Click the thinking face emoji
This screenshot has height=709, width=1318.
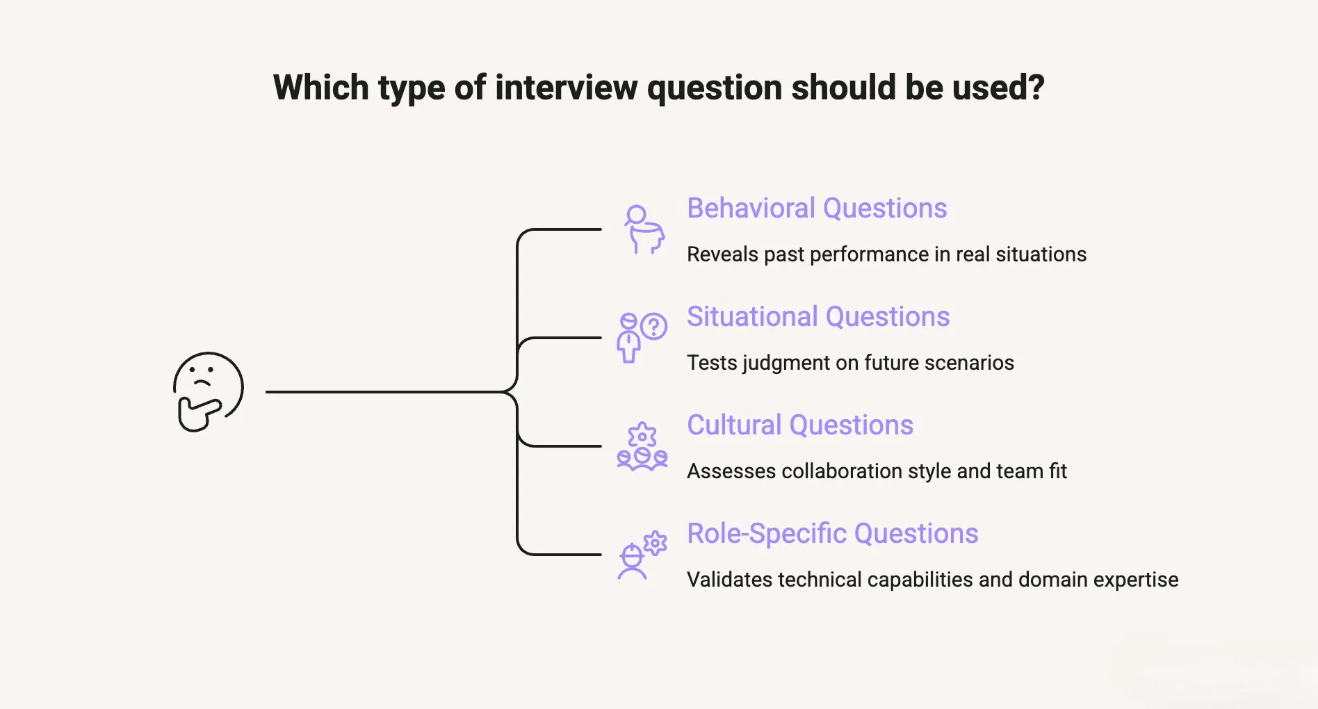pos(208,391)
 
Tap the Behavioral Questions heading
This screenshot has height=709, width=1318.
pos(817,209)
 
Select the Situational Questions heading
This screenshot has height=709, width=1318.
pos(818,317)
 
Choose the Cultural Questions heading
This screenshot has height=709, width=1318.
pos(800,425)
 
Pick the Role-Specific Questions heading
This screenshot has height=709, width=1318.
pos(832,534)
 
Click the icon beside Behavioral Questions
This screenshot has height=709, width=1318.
pos(644,229)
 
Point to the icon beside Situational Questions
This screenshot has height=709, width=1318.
pos(642,337)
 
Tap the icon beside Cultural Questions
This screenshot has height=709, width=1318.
pos(642,446)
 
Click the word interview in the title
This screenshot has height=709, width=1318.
pos(566,88)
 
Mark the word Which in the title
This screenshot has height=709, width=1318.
pos(320,88)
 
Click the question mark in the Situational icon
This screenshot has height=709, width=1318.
pos(654,326)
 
